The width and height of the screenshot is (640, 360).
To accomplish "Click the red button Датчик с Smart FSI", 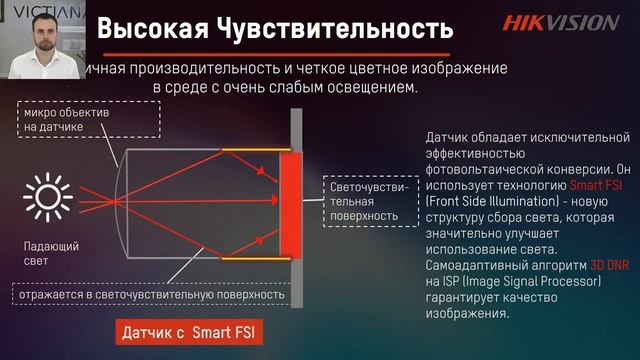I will pos(190,331).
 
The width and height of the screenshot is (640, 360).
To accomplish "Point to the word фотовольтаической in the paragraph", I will pos(475,171).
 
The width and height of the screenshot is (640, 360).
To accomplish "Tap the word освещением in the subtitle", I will pos(367,88).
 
